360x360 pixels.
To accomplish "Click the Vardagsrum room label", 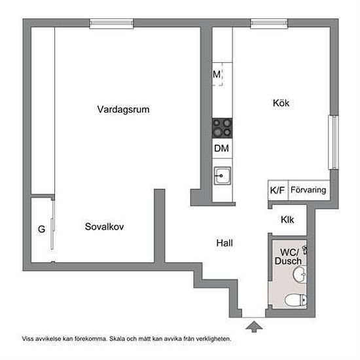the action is click(123, 109).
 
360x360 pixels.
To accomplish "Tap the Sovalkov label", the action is click(105, 226).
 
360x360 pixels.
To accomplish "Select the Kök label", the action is click(281, 103).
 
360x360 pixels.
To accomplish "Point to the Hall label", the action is click(225, 243).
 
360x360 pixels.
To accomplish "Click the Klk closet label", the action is click(287, 220).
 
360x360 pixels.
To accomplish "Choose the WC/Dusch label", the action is click(289, 257).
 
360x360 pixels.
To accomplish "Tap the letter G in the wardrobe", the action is click(41, 229).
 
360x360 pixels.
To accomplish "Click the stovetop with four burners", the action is click(223, 128).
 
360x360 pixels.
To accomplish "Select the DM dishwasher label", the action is click(221, 149).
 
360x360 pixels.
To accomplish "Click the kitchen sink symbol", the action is click(223, 176).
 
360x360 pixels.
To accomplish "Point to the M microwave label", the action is click(217, 75).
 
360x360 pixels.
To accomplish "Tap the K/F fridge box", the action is click(278, 190).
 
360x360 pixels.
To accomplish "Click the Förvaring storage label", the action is click(308, 190).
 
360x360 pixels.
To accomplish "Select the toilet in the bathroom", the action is click(296, 300).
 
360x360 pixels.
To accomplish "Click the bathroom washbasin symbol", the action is click(300, 274).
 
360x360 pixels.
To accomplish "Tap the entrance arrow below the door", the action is click(254, 327).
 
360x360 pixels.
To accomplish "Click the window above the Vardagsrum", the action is click(111, 23).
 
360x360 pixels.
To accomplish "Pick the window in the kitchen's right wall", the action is click(334, 142).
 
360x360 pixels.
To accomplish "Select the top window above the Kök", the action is click(269, 23).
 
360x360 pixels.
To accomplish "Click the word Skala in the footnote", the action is click(117, 338).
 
